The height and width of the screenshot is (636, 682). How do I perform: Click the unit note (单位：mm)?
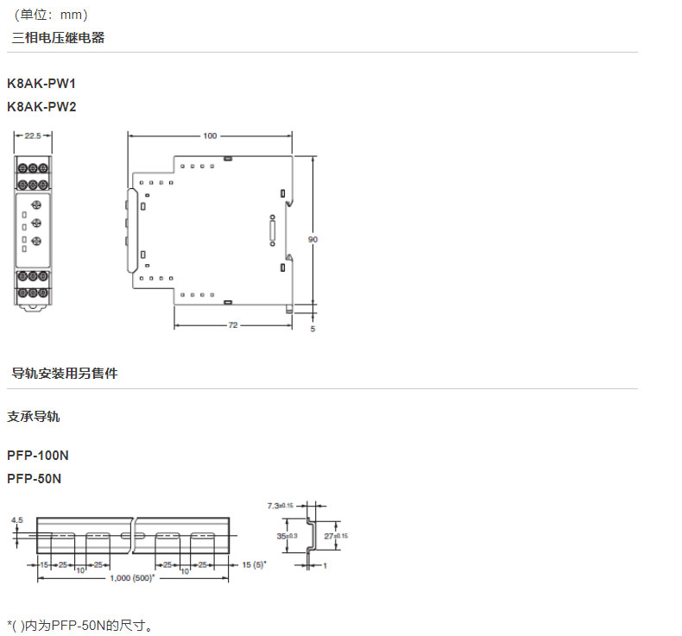pos(51,15)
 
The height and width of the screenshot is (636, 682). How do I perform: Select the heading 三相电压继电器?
pos(58,38)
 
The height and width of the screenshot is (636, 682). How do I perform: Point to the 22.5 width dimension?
pos(34,135)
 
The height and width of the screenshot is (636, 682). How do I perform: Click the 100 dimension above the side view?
pos(210,135)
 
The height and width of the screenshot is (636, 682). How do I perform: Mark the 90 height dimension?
pos(313,239)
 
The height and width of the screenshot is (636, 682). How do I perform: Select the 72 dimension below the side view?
pos(232,325)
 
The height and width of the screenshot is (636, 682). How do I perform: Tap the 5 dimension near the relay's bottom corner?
pos(313,329)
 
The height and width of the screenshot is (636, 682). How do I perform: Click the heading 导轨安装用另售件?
pos(64,374)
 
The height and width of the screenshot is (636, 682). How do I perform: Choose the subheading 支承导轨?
pos(34,417)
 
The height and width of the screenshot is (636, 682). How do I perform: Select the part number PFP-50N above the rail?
pos(34,478)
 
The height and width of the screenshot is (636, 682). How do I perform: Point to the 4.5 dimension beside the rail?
pos(16,520)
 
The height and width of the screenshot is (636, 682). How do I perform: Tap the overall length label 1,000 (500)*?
pos(133,577)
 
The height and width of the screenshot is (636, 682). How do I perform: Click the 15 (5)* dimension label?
pos(254,564)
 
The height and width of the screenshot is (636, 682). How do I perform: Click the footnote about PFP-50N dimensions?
pos(79,624)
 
